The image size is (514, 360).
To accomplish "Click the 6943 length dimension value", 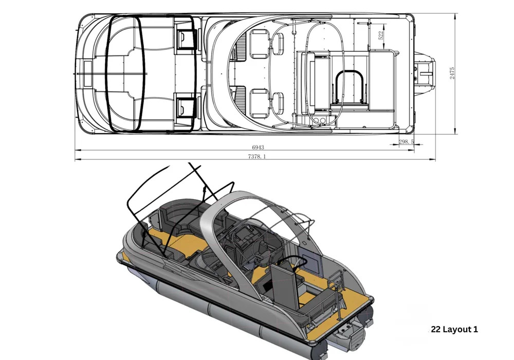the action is [258, 147].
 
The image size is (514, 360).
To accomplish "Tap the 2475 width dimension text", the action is [452, 73].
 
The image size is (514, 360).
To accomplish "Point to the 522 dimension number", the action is [381, 35].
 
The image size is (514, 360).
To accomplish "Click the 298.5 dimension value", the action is [406, 141].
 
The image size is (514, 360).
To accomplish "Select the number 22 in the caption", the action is [436, 329].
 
